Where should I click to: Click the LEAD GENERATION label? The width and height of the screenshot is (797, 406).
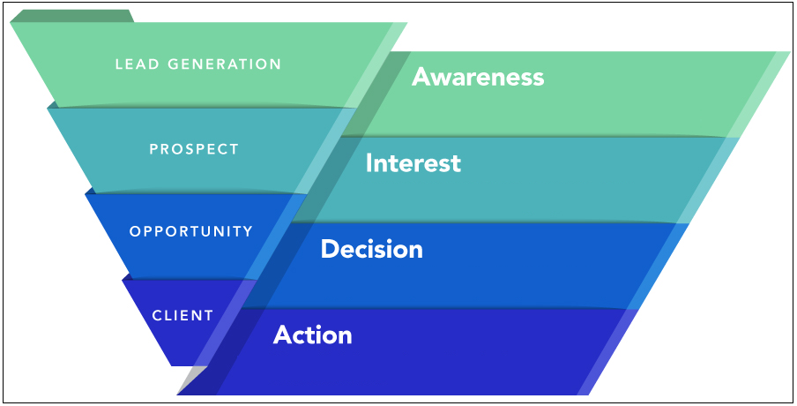coord(198,64)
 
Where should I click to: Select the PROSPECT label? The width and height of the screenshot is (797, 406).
coord(194,149)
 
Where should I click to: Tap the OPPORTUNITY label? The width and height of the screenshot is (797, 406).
coord(191,232)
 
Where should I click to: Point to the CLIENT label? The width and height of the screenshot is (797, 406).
coord(182,315)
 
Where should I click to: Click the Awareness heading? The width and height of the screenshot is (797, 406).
coord(478,78)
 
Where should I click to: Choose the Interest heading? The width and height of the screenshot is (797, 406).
coord(413,163)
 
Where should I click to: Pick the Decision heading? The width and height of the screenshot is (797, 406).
coord(371,249)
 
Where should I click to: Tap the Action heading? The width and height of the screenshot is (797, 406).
coord(312,335)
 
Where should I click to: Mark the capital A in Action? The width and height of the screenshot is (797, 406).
coord(282,335)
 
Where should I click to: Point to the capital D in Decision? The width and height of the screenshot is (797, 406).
coord(329,249)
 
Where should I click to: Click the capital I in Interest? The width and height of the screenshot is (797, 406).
coord(369,163)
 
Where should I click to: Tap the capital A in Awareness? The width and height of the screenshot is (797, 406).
coord(421,78)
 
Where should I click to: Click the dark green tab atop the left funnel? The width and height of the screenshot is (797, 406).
coord(71,16)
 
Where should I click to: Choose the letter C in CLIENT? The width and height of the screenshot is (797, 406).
coord(156,315)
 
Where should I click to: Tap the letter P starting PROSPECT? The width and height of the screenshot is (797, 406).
coord(153,149)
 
